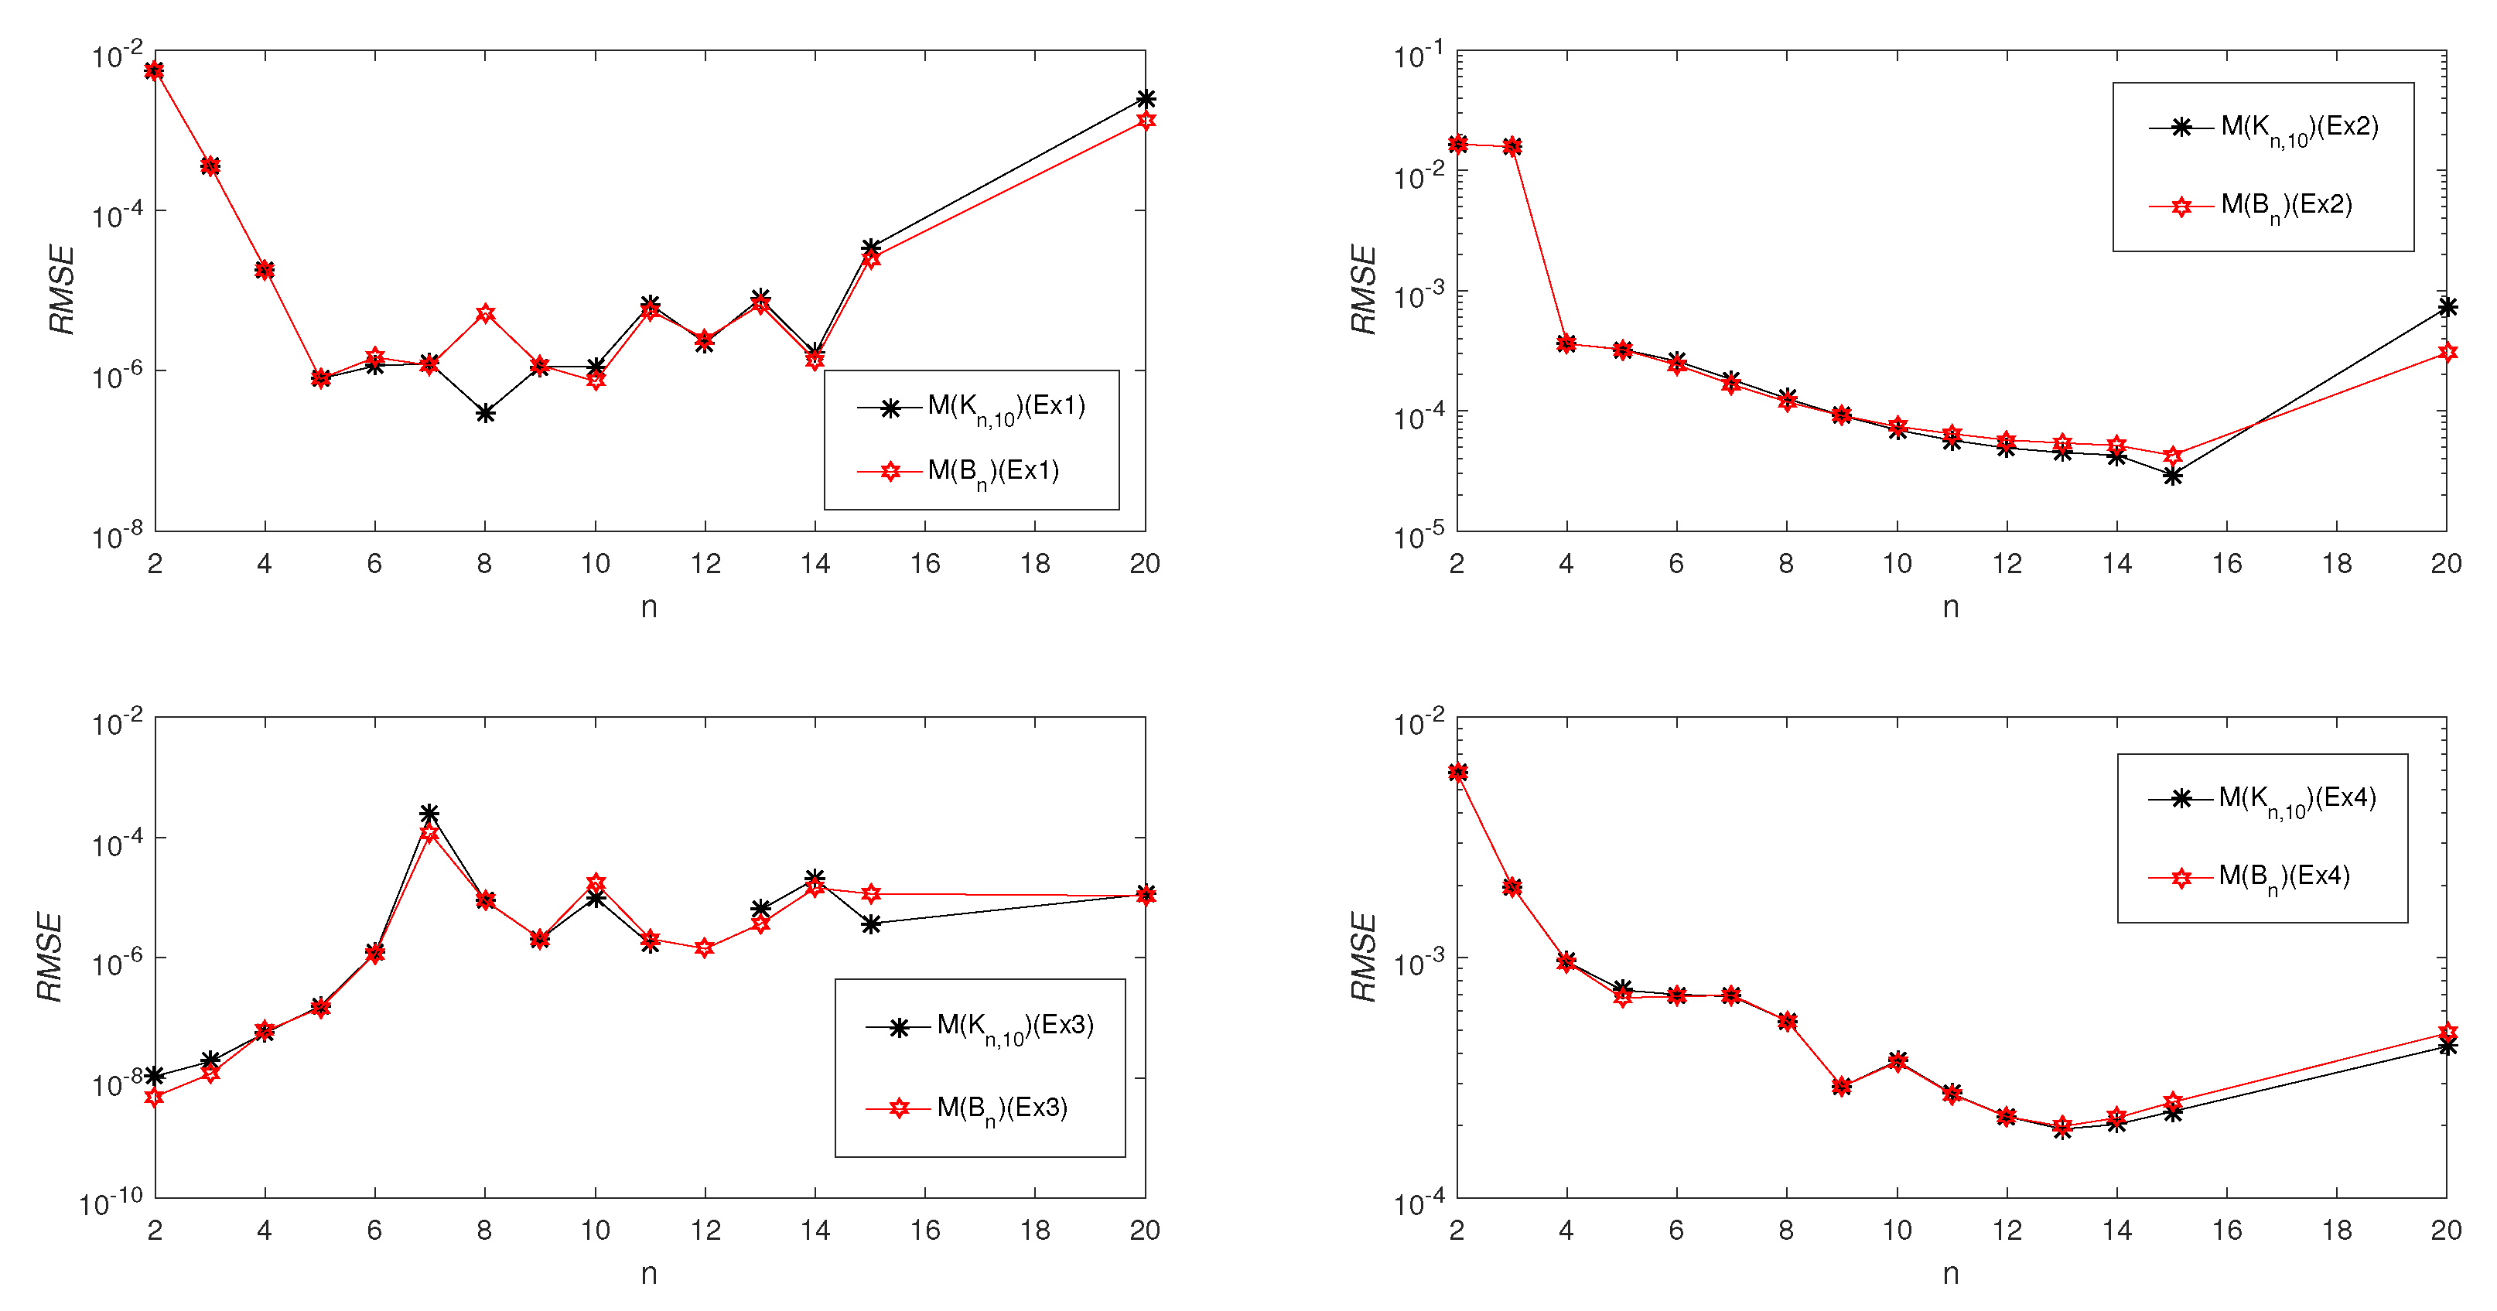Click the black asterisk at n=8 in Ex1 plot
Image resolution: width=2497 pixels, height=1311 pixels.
pos(486,414)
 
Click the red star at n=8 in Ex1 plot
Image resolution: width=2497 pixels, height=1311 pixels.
pos(486,313)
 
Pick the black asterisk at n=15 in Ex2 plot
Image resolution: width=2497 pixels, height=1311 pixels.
pos(2172,476)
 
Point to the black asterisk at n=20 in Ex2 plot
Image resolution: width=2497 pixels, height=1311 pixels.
pos(2447,307)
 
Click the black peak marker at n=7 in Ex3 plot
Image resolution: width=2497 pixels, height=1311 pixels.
pos(429,813)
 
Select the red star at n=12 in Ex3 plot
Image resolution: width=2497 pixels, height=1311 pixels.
pos(705,947)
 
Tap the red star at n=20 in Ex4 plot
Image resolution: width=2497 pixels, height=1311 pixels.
pos(2447,1033)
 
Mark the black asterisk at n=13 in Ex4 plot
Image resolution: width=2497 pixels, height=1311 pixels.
pos(2061,1128)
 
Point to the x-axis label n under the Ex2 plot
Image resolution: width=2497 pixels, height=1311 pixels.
pos(1950,607)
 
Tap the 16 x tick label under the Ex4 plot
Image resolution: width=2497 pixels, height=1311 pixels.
pos(2226,1231)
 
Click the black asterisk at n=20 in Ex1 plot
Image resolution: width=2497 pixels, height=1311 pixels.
pos(1145,99)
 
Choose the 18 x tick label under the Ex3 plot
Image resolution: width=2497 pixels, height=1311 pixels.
pos(1034,1231)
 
